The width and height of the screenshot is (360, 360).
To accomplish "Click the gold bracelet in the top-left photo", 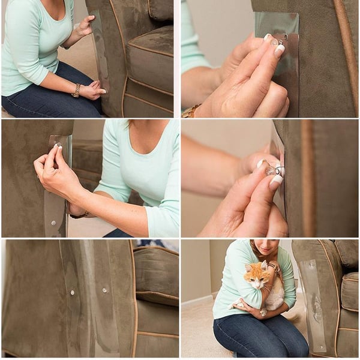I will click(76, 90).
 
